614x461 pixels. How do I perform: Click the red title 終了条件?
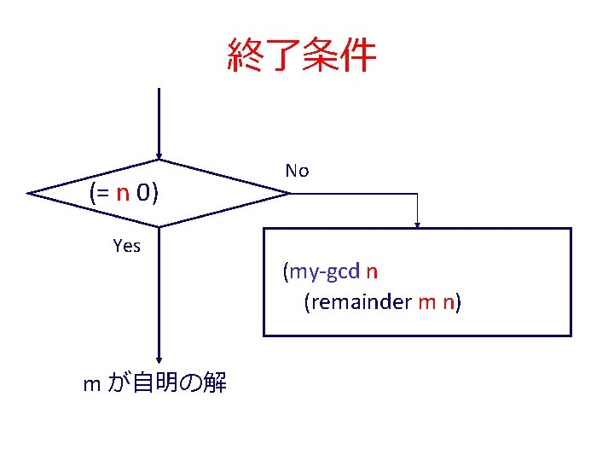(302, 55)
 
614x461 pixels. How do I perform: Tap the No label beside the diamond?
(297, 171)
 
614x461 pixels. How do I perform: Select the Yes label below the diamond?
(127, 247)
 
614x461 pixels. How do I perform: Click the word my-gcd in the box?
(325, 271)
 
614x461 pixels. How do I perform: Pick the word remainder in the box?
(359, 302)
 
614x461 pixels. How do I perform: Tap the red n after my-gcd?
(372, 271)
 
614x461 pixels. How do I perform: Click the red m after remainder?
(426, 302)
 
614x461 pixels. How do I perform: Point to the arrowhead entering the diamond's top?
(159, 156)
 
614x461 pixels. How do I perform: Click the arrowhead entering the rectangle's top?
(418, 225)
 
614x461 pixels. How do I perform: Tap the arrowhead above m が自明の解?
(159, 361)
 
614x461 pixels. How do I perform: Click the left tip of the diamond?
(29, 194)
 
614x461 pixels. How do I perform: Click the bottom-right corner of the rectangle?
(570, 335)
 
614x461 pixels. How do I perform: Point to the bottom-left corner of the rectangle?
(264, 335)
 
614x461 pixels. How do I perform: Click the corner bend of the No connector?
(418, 194)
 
